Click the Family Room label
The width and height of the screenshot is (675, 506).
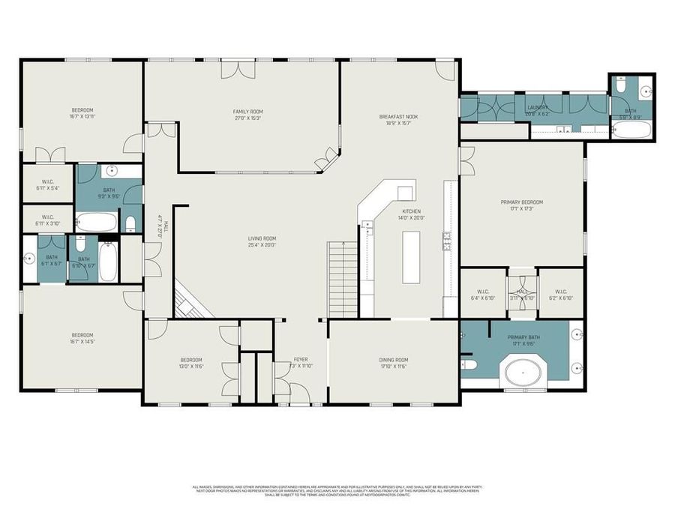click(x=247, y=112)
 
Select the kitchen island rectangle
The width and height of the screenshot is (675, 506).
click(x=410, y=257)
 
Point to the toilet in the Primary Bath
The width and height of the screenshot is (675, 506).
click(x=468, y=365)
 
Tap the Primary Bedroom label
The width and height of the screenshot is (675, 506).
click(x=521, y=202)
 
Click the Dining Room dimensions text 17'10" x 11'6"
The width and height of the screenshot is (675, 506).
click(x=393, y=367)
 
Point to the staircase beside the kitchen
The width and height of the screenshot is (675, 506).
click(x=343, y=279)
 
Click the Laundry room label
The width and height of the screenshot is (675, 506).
click(x=538, y=107)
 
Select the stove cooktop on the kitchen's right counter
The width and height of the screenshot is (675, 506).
click(x=447, y=240)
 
